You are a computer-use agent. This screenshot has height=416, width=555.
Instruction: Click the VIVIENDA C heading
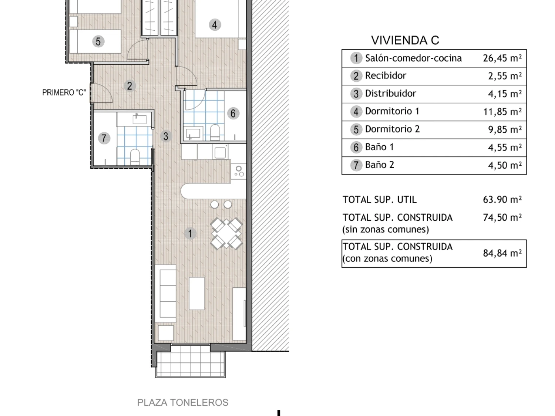pyautogui.click(x=405, y=40)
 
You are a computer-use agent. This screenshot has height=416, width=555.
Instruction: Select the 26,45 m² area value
pyautogui.click(x=502, y=58)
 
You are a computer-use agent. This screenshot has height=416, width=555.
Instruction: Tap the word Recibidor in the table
pyautogui.click(x=386, y=75)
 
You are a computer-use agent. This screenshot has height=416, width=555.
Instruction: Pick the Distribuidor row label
pyautogui.click(x=390, y=94)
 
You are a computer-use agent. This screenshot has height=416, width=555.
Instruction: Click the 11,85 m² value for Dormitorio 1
pyautogui.click(x=502, y=112)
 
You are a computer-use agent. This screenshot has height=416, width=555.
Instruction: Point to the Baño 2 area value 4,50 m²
pyautogui.click(x=505, y=165)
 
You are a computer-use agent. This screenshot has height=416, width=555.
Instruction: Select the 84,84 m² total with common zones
pyautogui.click(x=502, y=253)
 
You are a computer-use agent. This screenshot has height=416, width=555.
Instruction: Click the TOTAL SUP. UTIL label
pyautogui.click(x=380, y=200)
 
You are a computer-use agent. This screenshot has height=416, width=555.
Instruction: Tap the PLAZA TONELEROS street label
pyautogui.click(x=182, y=403)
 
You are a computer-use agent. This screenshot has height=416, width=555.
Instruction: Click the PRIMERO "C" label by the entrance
pyautogui.click(x=64, y=93)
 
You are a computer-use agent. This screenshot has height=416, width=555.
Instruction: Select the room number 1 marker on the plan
pyautogui.click(x=190, y=233)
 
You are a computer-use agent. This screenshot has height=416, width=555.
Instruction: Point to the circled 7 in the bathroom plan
pyautogui.click(x=104, y=138)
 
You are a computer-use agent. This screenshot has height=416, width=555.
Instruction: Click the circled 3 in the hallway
pyautogui.click(x=166, y=136)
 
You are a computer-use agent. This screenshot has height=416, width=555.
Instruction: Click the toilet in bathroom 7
pyautogui.click(x=135, y=157)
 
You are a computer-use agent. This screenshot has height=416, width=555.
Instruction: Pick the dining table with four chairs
pyautogui.click(x=226, y=234)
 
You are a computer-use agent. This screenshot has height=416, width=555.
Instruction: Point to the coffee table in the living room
pyautogui.click(x=197, y=293)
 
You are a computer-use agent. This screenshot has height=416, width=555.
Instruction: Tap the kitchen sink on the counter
pyautogui.click(x=220, y=152)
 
